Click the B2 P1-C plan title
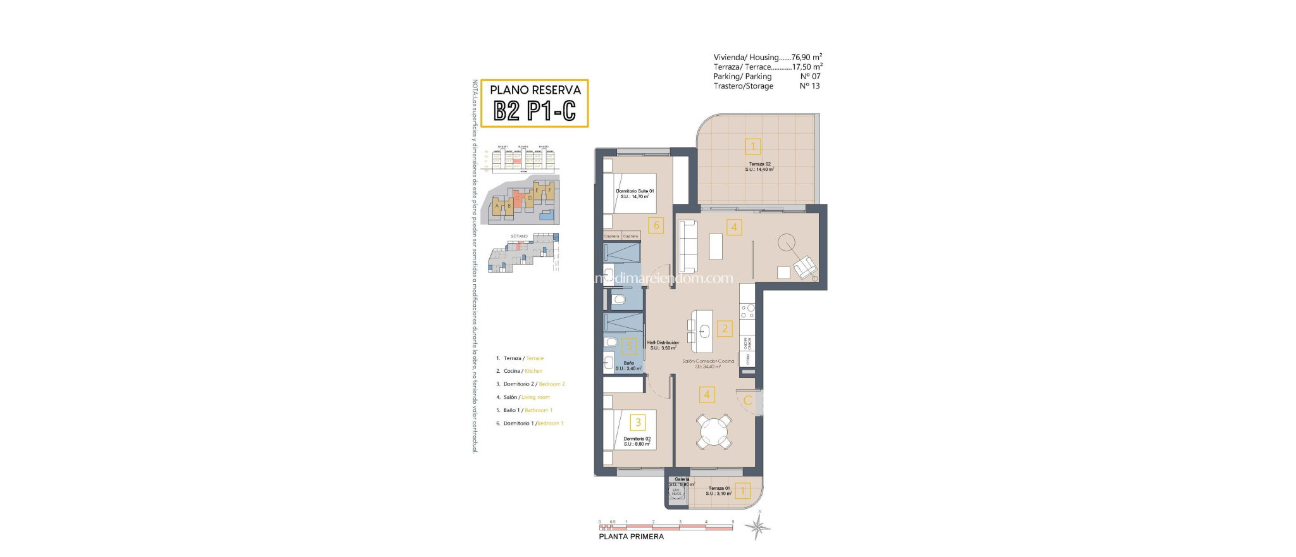[x=535, y=111]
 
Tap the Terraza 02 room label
[x=759, y=166]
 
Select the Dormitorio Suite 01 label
[x=635, y=194]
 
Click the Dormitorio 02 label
[x=637, y=441]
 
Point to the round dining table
[x=714, y=432]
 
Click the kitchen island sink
[x=704, y=330]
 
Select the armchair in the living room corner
[x=805, y=267]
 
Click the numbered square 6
[x=656, y=225]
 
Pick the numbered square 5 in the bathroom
[x=629, y=346]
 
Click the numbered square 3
[x=638, y=422]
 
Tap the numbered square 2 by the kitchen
[x=725, y=329]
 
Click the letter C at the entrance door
[x=747, y=401]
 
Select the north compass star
[x=757, y=526]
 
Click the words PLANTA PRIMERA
[x=631, y=537]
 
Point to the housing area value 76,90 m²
[x=806, y=57]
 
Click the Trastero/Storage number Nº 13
[x=809, y=86]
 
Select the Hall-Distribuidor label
[x=663, y=345]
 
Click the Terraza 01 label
[x=719, y=491]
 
